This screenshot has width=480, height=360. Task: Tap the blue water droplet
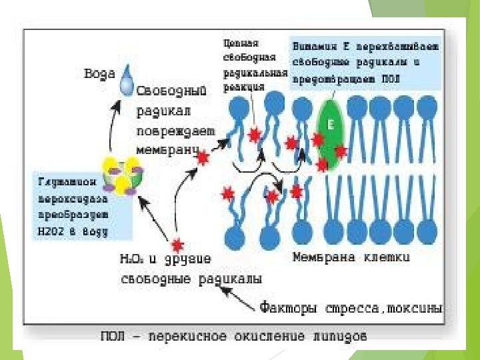[x=126, y=83]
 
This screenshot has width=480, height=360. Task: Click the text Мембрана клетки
[x=352, y=256]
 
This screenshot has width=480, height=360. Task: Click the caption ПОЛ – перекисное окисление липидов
[x=233, y=337]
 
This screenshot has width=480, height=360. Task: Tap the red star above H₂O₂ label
[x=177, y=243]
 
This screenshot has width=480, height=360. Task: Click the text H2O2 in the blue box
[x=53, y=231]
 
